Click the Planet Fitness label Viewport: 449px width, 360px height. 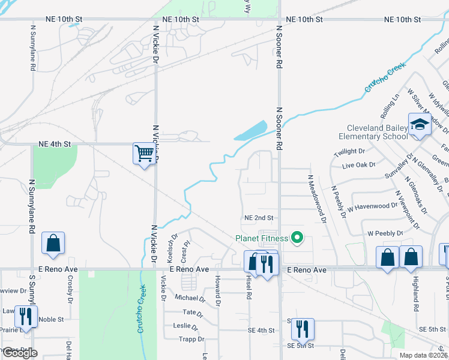(262, 238)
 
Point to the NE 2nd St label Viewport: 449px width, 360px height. (259, 218)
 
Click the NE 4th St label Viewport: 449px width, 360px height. (55, 144)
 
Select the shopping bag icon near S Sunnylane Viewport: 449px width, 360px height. (53, 244)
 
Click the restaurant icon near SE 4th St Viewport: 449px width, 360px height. (303, 328)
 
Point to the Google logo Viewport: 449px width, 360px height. (20, 353)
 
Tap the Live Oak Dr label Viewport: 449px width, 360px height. (358, 164)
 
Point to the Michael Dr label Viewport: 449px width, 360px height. (190, 298)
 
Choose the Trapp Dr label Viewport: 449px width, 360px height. (191, 340)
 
